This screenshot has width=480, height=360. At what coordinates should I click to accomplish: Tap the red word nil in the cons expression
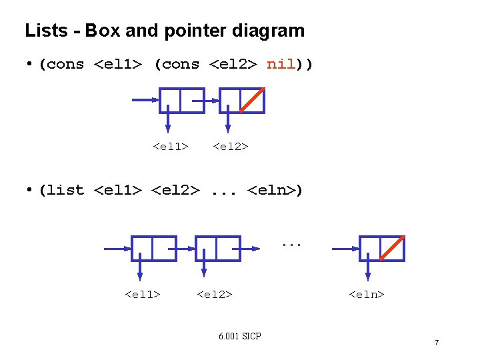[281, 65]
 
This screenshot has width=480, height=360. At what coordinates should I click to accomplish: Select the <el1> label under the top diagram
[170, 146]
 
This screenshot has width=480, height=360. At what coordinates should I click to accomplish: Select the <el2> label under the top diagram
[230, 146]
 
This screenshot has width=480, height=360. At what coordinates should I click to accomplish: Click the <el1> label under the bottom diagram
[143, 294]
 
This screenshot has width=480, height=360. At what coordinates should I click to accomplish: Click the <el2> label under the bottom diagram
[215, 294]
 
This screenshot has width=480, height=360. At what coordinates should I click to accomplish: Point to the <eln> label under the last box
[367, 294]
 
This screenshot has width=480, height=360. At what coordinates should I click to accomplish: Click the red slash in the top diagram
[253, 100]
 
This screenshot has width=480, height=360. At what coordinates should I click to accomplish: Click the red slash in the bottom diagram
[393, 248]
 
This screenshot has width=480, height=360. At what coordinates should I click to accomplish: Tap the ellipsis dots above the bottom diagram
[291, 245]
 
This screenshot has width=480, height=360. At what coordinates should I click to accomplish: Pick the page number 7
[437, 343]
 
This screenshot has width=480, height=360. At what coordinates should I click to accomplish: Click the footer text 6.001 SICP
[239, 336]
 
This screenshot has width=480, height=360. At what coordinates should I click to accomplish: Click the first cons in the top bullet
[65, 65]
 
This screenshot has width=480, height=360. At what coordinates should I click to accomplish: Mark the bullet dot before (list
[30, 190]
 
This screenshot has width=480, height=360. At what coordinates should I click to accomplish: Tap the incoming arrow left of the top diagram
[145, 100]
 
